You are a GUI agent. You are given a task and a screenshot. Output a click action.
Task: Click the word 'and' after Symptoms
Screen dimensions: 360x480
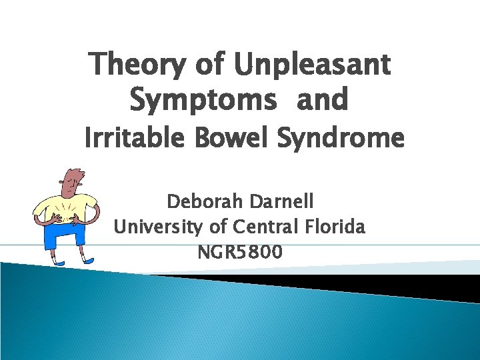(322, 100)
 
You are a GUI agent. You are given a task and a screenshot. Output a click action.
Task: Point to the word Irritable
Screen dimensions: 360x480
(133, 139)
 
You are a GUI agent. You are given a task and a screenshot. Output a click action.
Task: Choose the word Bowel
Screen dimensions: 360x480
(235, 139)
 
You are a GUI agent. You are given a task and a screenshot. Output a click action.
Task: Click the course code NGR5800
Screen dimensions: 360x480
(239, 253)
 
